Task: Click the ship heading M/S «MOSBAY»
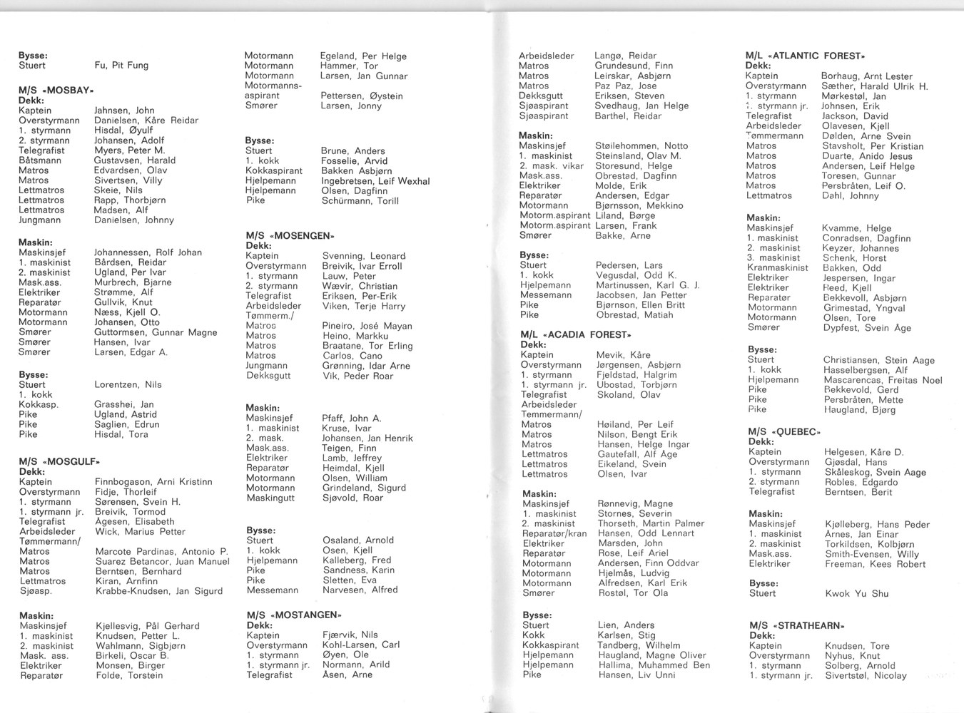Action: coord(56,91)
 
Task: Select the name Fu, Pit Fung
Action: coord(121,66)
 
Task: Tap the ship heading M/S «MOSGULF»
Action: coord(59,461)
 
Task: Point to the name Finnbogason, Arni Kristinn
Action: coord(153,482)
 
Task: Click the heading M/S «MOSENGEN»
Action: coord(290,235)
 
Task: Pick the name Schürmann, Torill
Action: coord(360,201)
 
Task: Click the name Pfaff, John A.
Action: coord(352,419)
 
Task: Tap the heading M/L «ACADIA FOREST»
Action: coord(576,334)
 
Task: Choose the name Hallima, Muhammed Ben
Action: coord(654,665)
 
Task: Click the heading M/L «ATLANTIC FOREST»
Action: coord(805,56)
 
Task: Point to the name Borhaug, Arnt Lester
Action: coord(866,76)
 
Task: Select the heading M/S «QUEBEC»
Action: coord(784,431)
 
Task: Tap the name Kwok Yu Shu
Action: coord(857,593)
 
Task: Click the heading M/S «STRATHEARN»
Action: coord(796,625)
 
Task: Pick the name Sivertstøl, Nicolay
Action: coord(866,676)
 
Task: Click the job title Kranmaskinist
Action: coord(778,268)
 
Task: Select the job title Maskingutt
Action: coord(270,498)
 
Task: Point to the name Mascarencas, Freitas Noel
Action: coord(882,381)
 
